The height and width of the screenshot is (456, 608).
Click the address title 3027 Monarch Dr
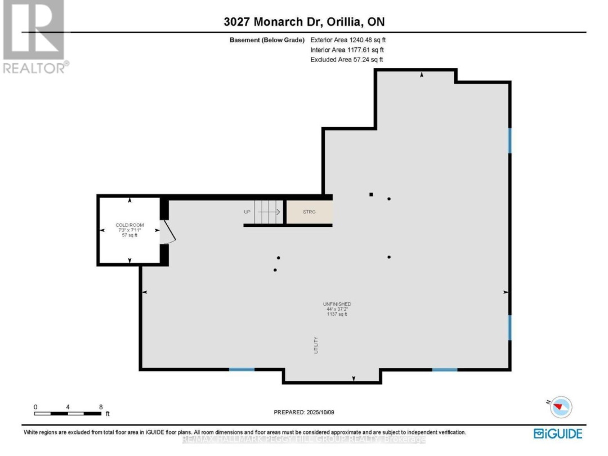pos(304,22)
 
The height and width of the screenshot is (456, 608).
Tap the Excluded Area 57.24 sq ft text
pos(347,59)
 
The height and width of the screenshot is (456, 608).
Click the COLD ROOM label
pos(130,225)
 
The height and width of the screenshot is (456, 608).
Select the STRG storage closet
pos(309,212)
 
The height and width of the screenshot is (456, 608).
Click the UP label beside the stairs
pos(247,212)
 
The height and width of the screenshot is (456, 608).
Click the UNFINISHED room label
pos(338,304)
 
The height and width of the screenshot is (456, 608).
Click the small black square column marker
pos(371,195)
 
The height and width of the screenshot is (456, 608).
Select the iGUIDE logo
pos(557,433)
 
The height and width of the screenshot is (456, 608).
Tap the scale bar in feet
pos(69,413)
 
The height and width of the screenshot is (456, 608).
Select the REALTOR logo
pos(34,37)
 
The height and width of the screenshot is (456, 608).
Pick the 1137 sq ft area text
pos(338,314)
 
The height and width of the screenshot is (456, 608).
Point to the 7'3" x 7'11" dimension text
pos(130,230)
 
